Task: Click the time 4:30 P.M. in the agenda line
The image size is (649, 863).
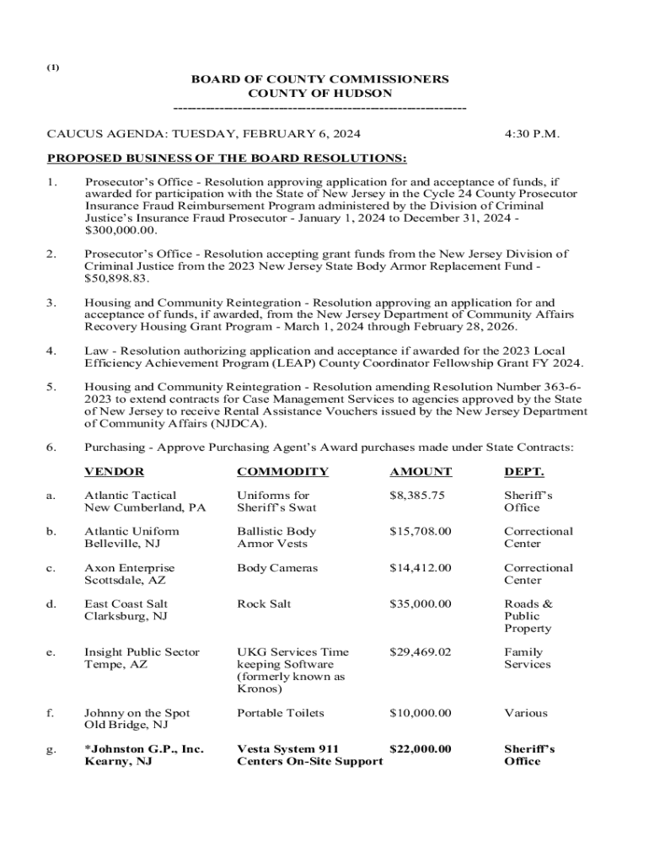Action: click(532, 134)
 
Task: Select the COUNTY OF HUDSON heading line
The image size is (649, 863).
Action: click(319, 94)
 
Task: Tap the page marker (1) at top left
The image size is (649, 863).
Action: click(52, 68)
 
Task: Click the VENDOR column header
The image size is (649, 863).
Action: click(114, 472)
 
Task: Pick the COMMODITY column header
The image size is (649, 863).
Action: click(282, 472)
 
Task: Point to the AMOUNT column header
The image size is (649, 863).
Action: click(421, 472)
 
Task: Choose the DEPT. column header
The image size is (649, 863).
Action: click(524, 472)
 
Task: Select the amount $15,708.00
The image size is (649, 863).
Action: click(420, 532)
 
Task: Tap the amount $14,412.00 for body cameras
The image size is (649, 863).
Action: click(420, 568)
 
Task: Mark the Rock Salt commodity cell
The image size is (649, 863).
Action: click(264, 604)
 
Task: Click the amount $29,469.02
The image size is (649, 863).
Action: click(420, 652)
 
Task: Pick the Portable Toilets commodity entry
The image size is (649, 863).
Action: click(280, 713)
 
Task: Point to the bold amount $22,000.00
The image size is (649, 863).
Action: click(420, 749)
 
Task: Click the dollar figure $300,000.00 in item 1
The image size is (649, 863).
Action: click(121, 229)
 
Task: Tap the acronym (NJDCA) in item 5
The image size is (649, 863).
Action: click(236, 423)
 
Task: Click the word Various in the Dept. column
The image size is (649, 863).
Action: click(526, 713)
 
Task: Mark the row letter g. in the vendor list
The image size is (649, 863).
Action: click(51, 749)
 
